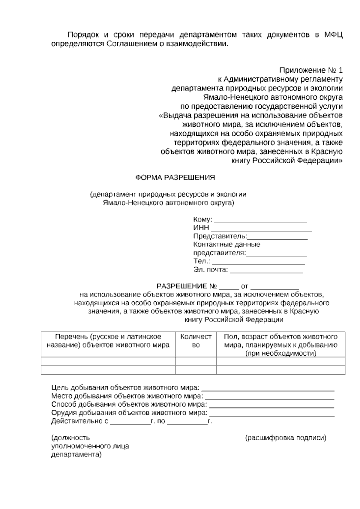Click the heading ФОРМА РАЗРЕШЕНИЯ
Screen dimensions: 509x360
[x=175, y=177]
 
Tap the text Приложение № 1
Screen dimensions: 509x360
[x=310, y=70]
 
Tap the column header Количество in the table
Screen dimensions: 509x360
[x=196, y=341]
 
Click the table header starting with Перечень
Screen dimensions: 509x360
[x=108, y=341]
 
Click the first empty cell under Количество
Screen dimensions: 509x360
[x=196, y=361]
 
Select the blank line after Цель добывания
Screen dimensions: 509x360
[x=268, y=390]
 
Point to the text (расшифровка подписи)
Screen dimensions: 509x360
[x=286, y=438]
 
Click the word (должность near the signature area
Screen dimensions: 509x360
[x=70, y=438]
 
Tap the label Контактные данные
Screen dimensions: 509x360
[x=226, y=244]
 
